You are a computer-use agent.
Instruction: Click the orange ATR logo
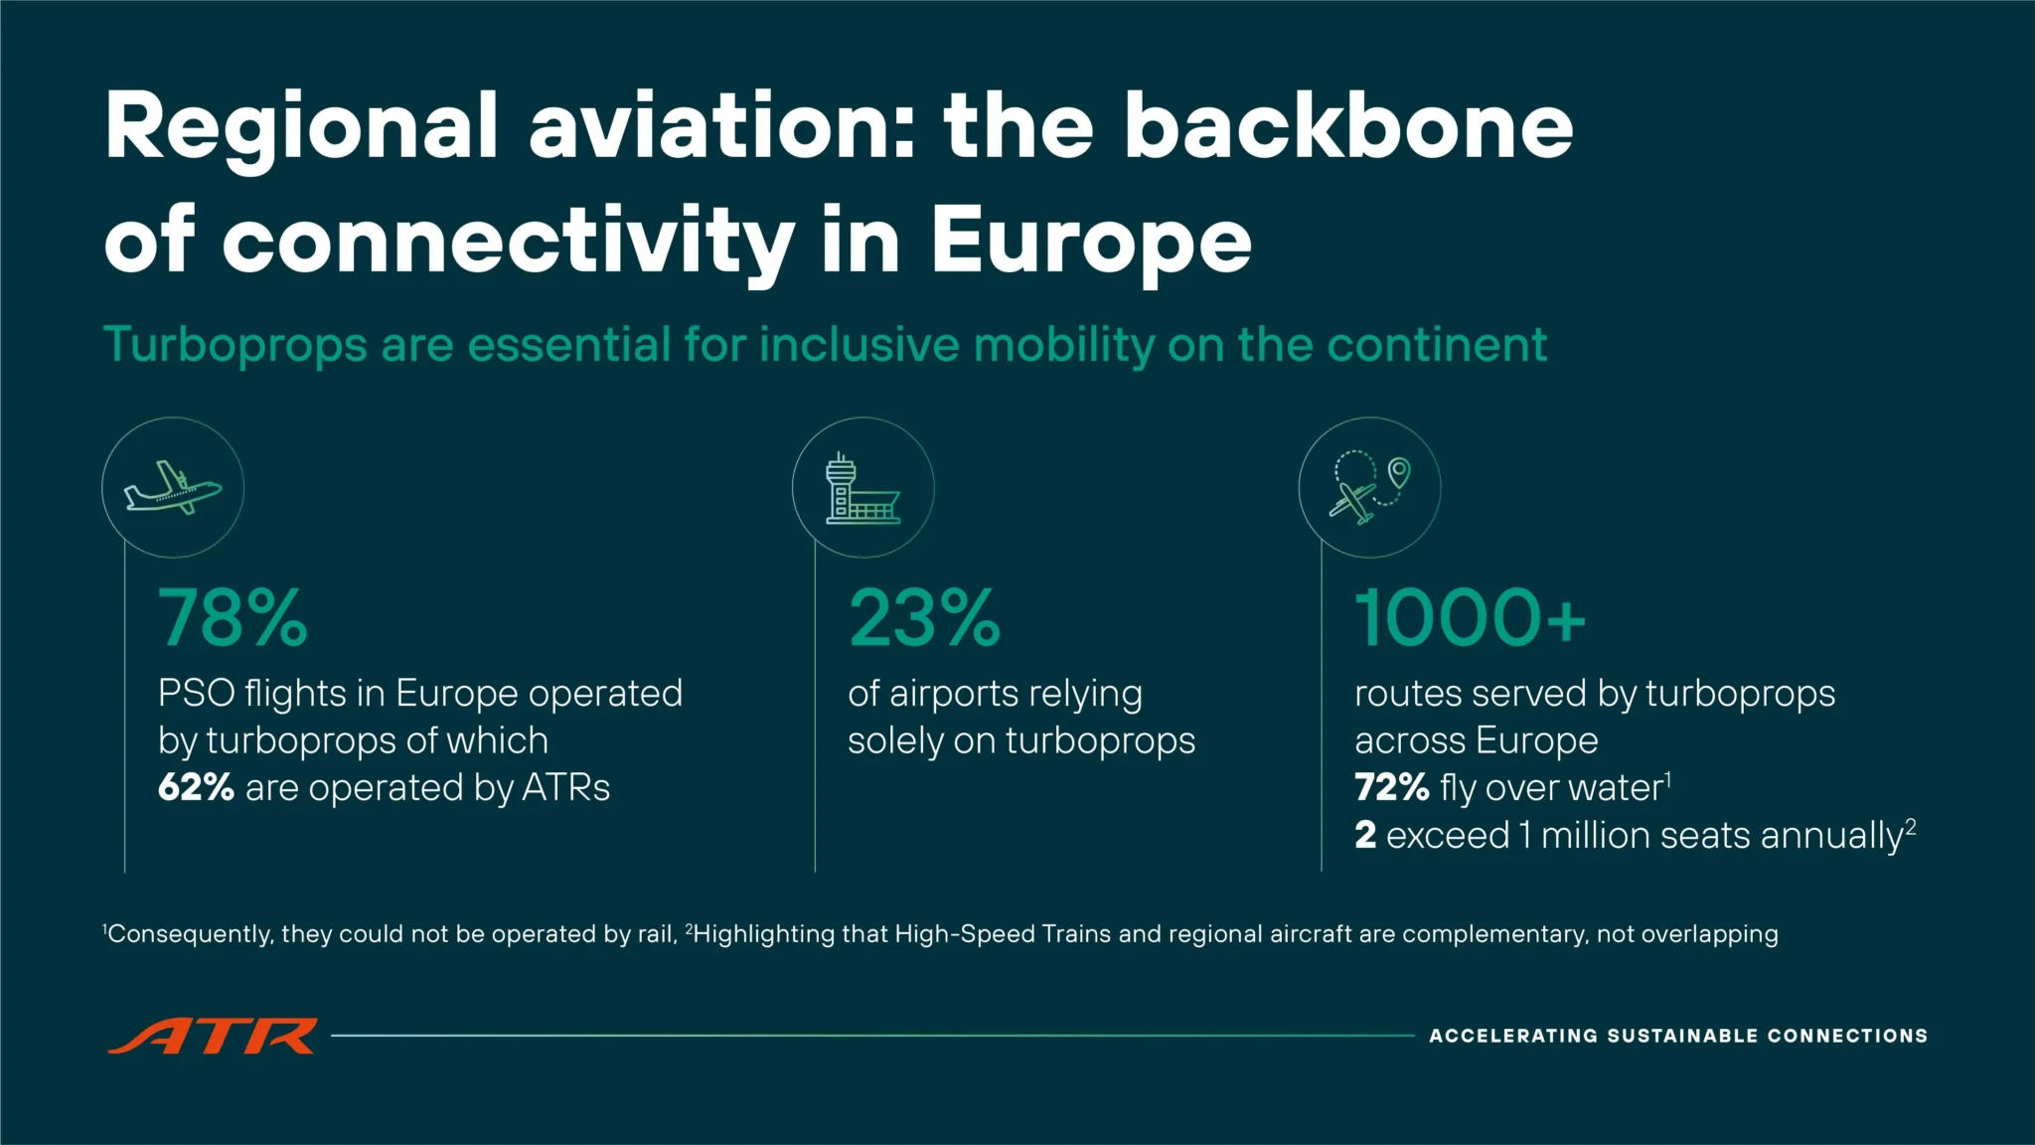213,1036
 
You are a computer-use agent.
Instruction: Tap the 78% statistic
233,618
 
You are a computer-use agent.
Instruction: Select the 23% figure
924,618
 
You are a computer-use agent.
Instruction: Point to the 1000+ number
1470,618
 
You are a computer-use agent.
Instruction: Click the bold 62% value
196,788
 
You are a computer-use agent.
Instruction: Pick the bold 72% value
1391,788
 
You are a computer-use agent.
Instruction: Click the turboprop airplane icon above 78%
173,487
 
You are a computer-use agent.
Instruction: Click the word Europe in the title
1091,241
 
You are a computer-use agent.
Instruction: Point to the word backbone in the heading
1348,127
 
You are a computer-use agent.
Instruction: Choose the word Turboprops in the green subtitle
235,346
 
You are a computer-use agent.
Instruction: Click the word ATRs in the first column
565,788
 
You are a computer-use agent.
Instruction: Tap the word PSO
197,694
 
